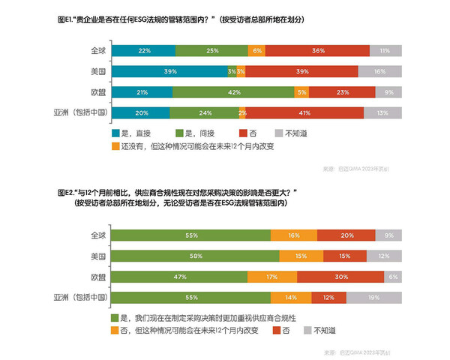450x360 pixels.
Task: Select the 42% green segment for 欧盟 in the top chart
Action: tap(235, 92)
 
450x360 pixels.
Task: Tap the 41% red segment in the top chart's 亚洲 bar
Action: tap(305, 113)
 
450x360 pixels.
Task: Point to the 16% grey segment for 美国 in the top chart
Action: tap(379, 71)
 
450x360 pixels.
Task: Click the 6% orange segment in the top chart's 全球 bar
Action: tap(257, 50)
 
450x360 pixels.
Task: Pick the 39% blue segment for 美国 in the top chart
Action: tap(169, 71)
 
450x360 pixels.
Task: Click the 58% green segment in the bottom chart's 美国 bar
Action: tap(194, 256)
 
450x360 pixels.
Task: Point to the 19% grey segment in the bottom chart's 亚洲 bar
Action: tap(373, 298)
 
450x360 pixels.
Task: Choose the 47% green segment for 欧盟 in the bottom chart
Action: tap(178, 277)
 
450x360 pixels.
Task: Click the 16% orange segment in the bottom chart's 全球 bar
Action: tap(293, 235)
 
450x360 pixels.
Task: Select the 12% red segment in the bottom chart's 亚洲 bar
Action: tap(328, 298)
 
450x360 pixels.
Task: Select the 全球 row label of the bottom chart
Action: tap(97, 235)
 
